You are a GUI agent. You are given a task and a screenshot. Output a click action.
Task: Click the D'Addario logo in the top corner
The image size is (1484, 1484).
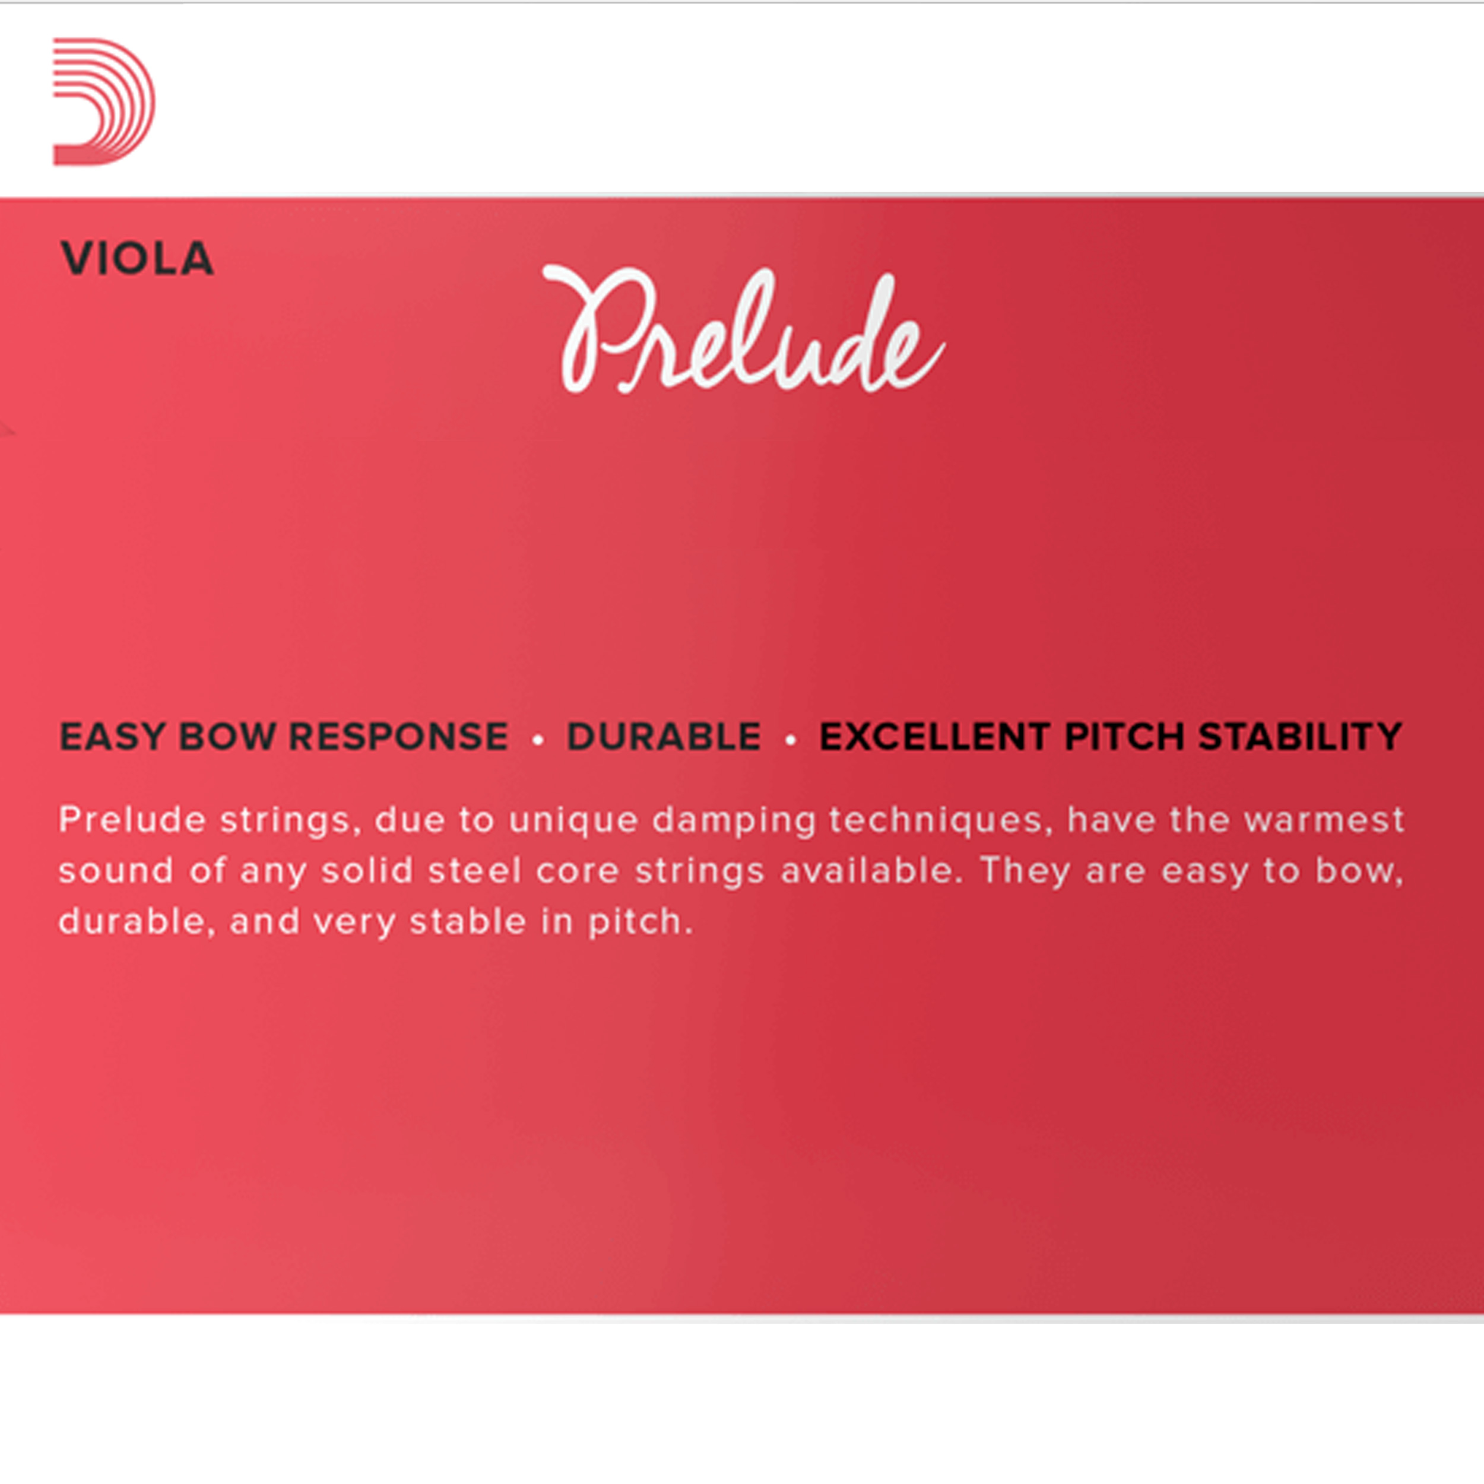tap(103, 102)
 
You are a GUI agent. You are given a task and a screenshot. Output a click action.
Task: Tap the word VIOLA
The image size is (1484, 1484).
tap(137, 258)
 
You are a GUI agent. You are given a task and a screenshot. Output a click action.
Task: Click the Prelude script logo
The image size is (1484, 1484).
tap(743, 329)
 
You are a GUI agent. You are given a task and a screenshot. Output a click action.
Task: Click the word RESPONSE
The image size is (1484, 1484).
tap(399, 737)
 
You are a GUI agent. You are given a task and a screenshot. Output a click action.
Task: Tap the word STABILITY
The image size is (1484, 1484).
tap(1301, 737)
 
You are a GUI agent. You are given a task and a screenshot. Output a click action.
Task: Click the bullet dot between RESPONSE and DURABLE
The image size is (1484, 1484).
tap(538, 740)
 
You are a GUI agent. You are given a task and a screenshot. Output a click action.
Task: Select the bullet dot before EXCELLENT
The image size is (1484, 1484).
tap(791, 740)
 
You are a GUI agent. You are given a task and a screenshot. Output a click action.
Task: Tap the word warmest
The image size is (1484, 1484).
tap(1324, 821)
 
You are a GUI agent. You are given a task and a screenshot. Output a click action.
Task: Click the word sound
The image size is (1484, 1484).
tap(116, 870)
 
